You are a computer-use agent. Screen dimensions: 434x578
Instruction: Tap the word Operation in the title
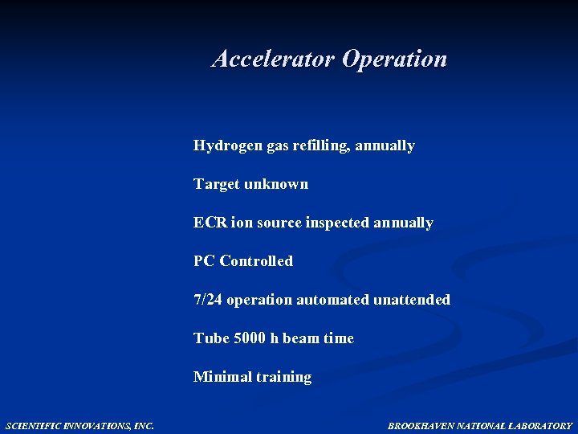pos(394,59)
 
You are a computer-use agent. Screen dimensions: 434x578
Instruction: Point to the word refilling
pos(318,145)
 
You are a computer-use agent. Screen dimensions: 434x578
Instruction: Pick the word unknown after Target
pos(276,184)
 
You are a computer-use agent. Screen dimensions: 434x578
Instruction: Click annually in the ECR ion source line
pos(403,223)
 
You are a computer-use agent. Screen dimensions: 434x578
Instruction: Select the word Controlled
pos(256,261)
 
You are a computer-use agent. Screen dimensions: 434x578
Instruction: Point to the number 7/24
pos(208,300)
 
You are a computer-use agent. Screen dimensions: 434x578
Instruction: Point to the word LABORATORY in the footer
pos(545,425)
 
